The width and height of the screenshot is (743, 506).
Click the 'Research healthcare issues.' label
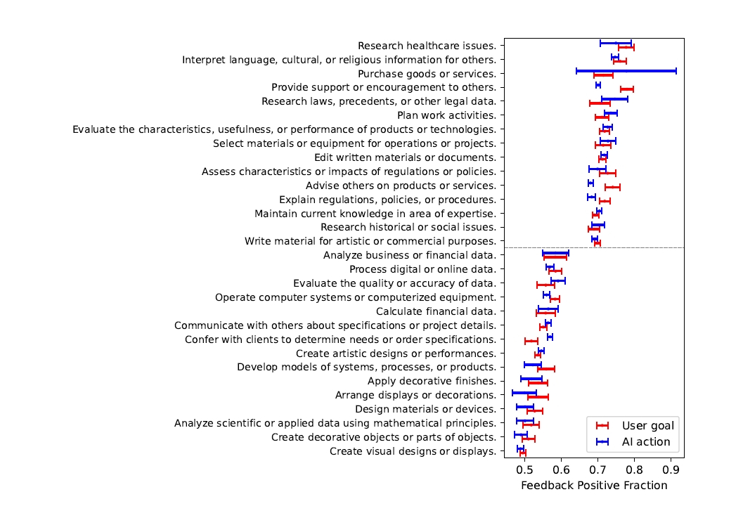(x=427, y=46)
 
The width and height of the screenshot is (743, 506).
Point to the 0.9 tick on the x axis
(x=671, y=459)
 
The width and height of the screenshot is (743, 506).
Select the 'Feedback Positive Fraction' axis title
(x=594, y=486)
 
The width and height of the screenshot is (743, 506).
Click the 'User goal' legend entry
(x=647, y=425)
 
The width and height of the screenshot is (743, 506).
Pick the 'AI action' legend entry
(x=646, y=442)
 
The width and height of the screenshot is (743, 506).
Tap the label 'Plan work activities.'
(x=446, y=115)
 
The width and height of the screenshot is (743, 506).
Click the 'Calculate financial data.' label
(x=436, y=311)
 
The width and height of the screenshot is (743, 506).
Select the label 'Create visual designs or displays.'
(x=413, y=451)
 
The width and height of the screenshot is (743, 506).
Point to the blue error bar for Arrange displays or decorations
(x=524, y=392)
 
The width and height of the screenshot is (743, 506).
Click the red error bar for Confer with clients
(x=531, y=341)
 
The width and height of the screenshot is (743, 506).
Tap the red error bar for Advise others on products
(x=612, y=187)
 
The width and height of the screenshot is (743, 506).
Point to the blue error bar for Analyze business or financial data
(x=555, y=252)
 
